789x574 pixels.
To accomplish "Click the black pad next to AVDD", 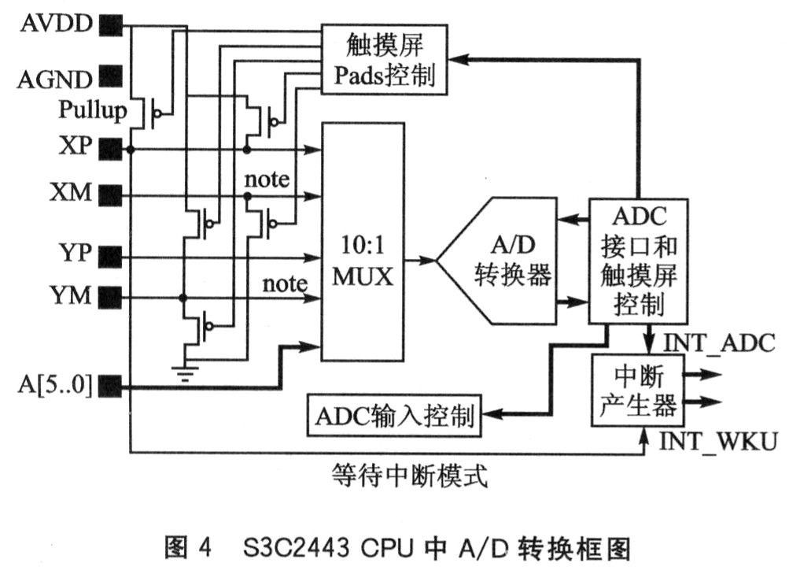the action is coord(111,25).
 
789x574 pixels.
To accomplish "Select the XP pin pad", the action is coord(111,150).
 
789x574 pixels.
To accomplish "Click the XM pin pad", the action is coord(111,195).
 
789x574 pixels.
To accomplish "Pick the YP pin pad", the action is coord(111,257).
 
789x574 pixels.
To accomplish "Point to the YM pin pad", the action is coord(111,298).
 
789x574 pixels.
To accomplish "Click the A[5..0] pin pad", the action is coord(111,386).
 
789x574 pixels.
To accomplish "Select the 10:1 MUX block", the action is coord(363,242).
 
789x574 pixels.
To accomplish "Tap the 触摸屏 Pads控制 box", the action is coord(385,59).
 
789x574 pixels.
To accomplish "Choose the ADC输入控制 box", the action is coord(394,416).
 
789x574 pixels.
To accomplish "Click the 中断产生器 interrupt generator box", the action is coord(638,391).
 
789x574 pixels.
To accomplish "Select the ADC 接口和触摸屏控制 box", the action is coord(639,261).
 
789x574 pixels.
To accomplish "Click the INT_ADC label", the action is coord(719,343).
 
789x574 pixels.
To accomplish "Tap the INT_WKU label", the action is coord(718,441).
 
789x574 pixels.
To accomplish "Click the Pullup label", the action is coord(93,109).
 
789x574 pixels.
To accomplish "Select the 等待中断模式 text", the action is coord(409,476).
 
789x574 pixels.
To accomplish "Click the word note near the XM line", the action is coord(267,180).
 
